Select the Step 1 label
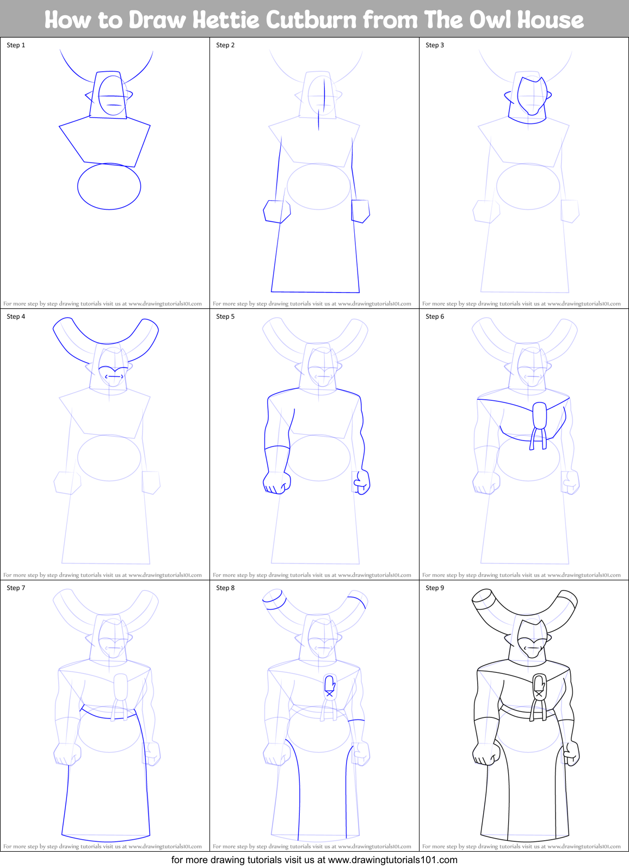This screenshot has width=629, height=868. tap(16, 45)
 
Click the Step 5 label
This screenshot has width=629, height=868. tap(225, 317)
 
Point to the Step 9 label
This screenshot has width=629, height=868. tap(435, 588)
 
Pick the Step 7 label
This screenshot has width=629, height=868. tap(16, 588)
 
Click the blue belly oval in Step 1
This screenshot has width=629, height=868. tap(109, 187)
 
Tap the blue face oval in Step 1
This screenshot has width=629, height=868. tap(113, 96)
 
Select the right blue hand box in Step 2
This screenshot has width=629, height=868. tap(360, 211)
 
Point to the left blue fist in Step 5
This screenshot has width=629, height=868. tap(276, 482)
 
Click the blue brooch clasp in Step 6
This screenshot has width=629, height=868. tap(539, 416)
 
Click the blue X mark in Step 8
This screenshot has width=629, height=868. tap(329, 694)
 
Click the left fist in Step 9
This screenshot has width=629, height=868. tap(486, 753)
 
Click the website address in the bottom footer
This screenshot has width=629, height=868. tap(392, 860)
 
